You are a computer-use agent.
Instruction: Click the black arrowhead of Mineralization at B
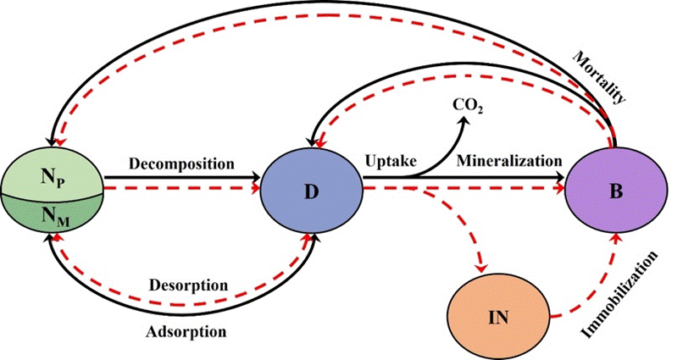[x=561, y=179]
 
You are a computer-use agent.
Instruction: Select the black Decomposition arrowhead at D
[x=257, y=179]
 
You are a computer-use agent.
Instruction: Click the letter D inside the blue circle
[x=311, y=192]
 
